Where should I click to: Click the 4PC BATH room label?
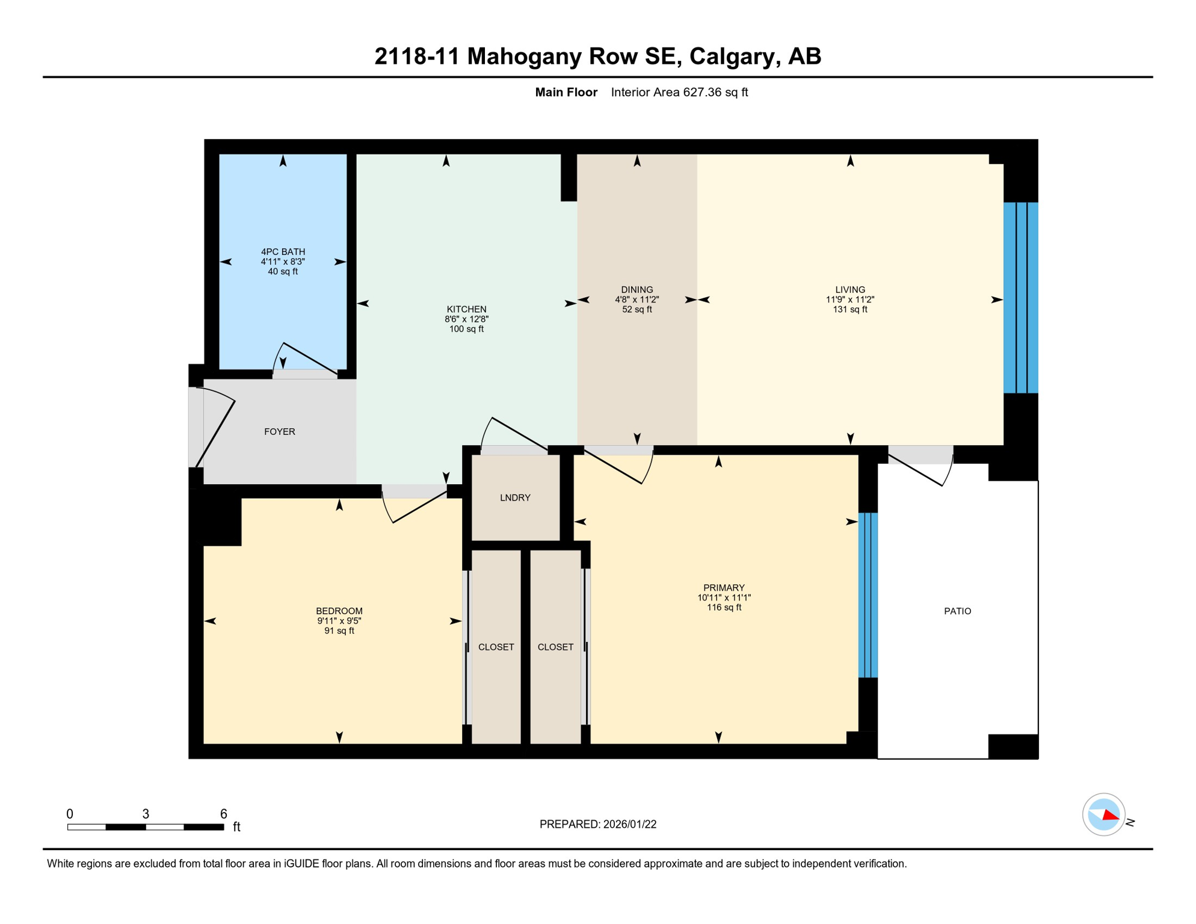click(283, 251)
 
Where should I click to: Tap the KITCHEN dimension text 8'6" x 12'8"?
click(466, 319)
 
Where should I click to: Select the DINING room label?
click(637, 289)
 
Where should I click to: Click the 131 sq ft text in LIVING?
click(849, 309)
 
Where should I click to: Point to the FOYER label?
click(280, 431)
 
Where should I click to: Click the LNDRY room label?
click(515, 497)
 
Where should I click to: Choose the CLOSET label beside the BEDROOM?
click(496, 647)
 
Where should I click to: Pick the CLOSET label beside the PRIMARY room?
click(555, 647)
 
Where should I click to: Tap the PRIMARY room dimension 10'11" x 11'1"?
click(724, 597)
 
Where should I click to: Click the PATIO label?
click(957, 611)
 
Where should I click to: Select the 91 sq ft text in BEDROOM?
click(339, 630)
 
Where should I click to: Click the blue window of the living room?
click(1020, 298)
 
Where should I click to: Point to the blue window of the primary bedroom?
click(868, 595)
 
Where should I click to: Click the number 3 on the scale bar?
click(146, 813)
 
